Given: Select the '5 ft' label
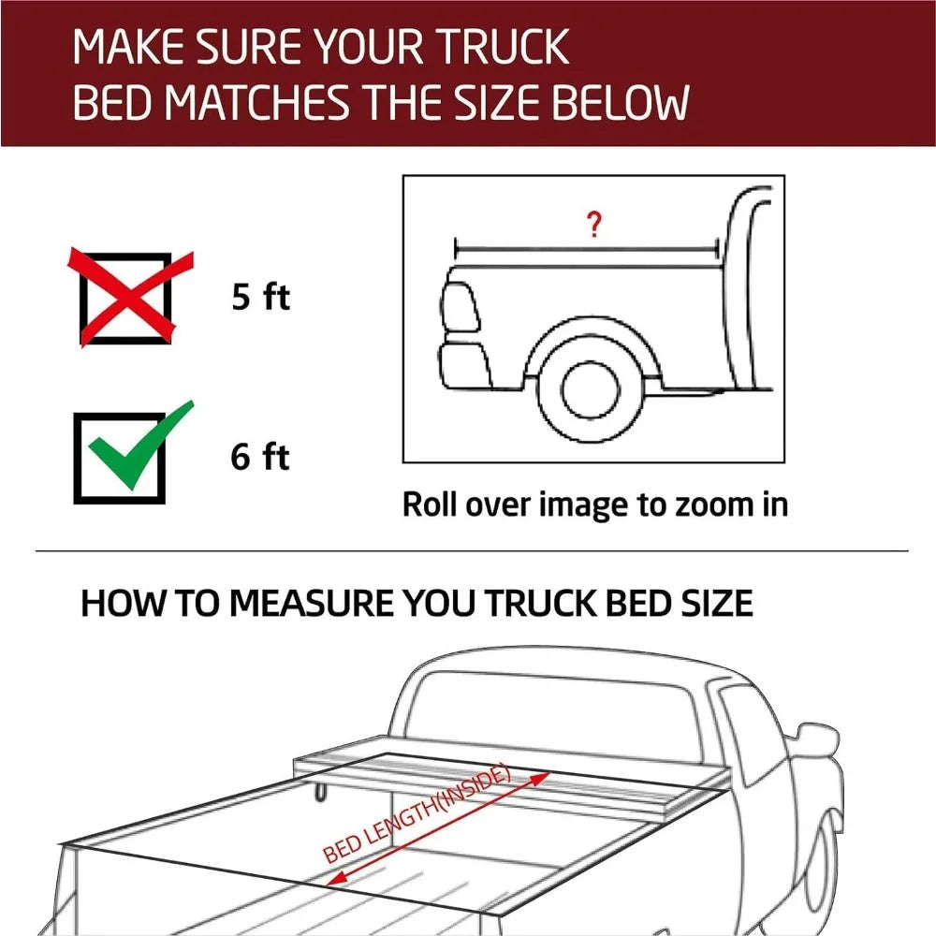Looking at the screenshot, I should pyautogui.click(x=261, y=298).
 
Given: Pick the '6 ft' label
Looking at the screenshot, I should pyautogui.click(x=261, y=458).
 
